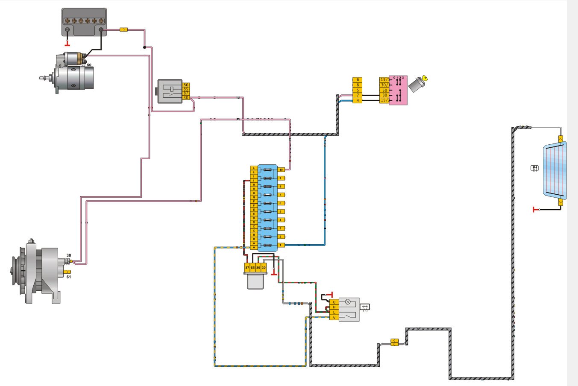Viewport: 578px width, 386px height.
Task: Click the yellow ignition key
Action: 424,78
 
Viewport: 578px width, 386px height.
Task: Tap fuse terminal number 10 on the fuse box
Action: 281,170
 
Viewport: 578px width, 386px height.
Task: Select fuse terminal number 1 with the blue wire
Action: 281,245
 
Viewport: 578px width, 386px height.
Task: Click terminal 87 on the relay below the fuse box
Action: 247,268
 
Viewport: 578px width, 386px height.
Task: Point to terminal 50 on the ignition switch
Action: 384,90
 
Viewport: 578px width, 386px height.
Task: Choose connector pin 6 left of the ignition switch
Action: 358,80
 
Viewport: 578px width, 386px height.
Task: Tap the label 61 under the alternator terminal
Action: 69,277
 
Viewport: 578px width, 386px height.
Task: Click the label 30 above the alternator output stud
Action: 69,255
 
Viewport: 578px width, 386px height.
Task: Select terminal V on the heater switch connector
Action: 334,318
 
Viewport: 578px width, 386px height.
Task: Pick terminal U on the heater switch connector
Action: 334,302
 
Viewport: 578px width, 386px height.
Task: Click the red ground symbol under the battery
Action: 67,44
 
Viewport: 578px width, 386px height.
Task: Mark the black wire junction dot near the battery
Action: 144,47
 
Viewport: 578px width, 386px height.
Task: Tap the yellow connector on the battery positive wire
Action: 123,29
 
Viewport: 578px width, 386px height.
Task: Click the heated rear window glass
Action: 555,170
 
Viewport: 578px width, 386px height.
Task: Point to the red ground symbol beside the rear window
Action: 534,209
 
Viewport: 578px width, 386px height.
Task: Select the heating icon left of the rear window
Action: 534,168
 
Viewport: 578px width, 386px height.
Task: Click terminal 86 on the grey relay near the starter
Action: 186,85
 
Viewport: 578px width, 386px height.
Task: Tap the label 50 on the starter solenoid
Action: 89,65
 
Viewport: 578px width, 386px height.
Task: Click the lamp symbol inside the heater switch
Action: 348,302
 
